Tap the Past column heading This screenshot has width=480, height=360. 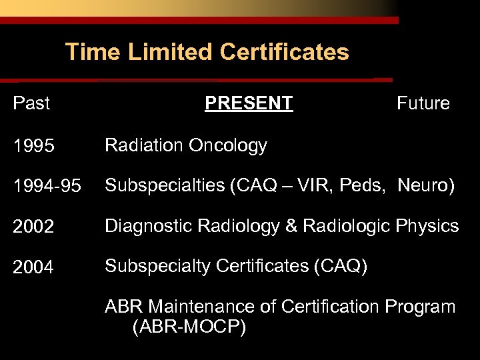pos(32,103)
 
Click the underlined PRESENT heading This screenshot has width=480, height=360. pos(249,103)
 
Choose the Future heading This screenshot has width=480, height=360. pos(423,103)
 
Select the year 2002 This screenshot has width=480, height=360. pos(33,227)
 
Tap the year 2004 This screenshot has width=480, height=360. pos(33,268)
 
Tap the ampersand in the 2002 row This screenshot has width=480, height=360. pos(291,227)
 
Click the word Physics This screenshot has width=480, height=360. pos(427,227)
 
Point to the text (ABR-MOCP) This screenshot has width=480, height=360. pos(189,327)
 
